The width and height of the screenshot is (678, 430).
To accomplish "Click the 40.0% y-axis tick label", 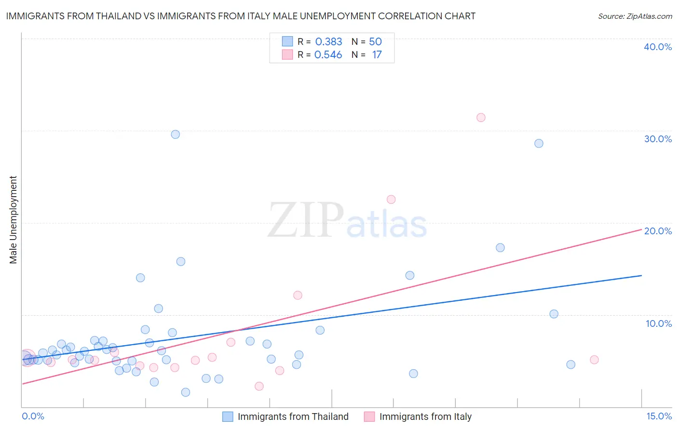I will pyautogui.click(x=658, y=47).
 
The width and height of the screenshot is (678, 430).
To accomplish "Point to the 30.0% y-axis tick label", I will pyautogui.click(x=658, y=139).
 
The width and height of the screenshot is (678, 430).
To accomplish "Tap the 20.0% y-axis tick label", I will pyautogui.click(x=658, y=231).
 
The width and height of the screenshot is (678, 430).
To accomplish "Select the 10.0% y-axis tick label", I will pyautogui.click(x=659, y=323).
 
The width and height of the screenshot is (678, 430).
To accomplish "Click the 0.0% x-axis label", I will pyautogui.click(x=33, y=416).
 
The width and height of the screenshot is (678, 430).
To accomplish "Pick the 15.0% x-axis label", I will pyautogui.click(x=659, y=416).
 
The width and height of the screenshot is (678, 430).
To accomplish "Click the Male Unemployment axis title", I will pyautogui.click(x=13, y=220).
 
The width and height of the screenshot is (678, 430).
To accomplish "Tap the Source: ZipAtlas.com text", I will pyautogui.click(x=635, y=16).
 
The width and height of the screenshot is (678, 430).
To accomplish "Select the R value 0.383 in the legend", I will pyautogui.click(x=328, y=42).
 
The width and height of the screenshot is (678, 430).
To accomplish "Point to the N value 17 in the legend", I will pyautogui.click(x=377, y=55).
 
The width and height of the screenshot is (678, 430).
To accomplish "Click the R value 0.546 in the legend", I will pyautogui.click(x=328, y=55).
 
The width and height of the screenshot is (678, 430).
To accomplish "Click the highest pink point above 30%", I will pyautogui.click(x=481, y=118).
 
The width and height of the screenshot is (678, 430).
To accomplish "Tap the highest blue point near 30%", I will pyautogui.click(x=176, y=134).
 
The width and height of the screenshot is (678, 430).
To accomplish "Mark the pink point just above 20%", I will pyautogui.click(x=391, y=200).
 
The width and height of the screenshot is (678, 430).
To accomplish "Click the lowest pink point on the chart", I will pyautogui.click(x=259, y=386).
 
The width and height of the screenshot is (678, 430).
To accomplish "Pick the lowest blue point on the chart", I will pyautogui.click(x=186, y=392).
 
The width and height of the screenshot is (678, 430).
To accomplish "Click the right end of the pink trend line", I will pyautogui.click(x=641, y=229).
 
